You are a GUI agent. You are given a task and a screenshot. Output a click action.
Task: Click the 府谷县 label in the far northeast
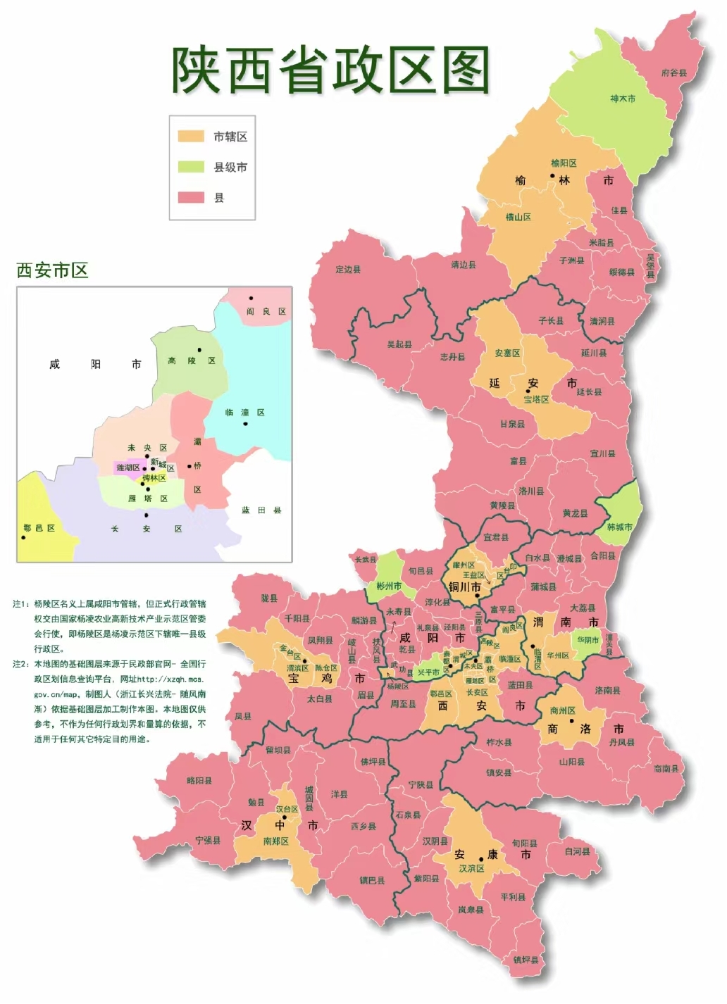[x=673, y=73]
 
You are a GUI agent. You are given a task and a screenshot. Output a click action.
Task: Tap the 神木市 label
[x=623, y=99]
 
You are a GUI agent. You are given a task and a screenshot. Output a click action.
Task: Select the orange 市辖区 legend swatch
[x=191, y=137]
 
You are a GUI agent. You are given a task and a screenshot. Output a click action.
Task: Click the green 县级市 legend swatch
[x=191, y=167]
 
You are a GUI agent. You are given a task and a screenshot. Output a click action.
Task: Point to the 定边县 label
[x=348, y=269]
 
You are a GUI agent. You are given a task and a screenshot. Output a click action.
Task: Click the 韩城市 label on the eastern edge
[x=619, y=527]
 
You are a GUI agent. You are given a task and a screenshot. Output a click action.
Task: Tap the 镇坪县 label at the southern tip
[x=526, y=960]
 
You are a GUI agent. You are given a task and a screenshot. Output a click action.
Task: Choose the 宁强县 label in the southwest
[x=209, y=840]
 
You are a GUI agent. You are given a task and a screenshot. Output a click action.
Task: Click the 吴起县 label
[x=399, y=344]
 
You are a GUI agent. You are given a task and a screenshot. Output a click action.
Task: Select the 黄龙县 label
[x=575, y=513]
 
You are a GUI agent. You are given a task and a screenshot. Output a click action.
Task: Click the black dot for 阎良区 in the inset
[x=251, y=299]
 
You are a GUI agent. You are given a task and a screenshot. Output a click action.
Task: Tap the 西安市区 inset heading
[x=52, y=270]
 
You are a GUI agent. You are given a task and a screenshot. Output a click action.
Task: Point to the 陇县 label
[x=269, y=598]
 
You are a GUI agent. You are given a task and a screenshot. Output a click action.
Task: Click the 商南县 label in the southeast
[x=666, y=768]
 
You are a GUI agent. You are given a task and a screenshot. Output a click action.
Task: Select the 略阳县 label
[x=199, y=780]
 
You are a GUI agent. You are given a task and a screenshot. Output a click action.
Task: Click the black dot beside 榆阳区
[x=553, y=176]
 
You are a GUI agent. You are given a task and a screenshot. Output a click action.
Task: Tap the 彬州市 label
[x=389, y=586]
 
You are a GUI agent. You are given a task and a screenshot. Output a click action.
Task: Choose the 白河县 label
[x=577, y=851]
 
